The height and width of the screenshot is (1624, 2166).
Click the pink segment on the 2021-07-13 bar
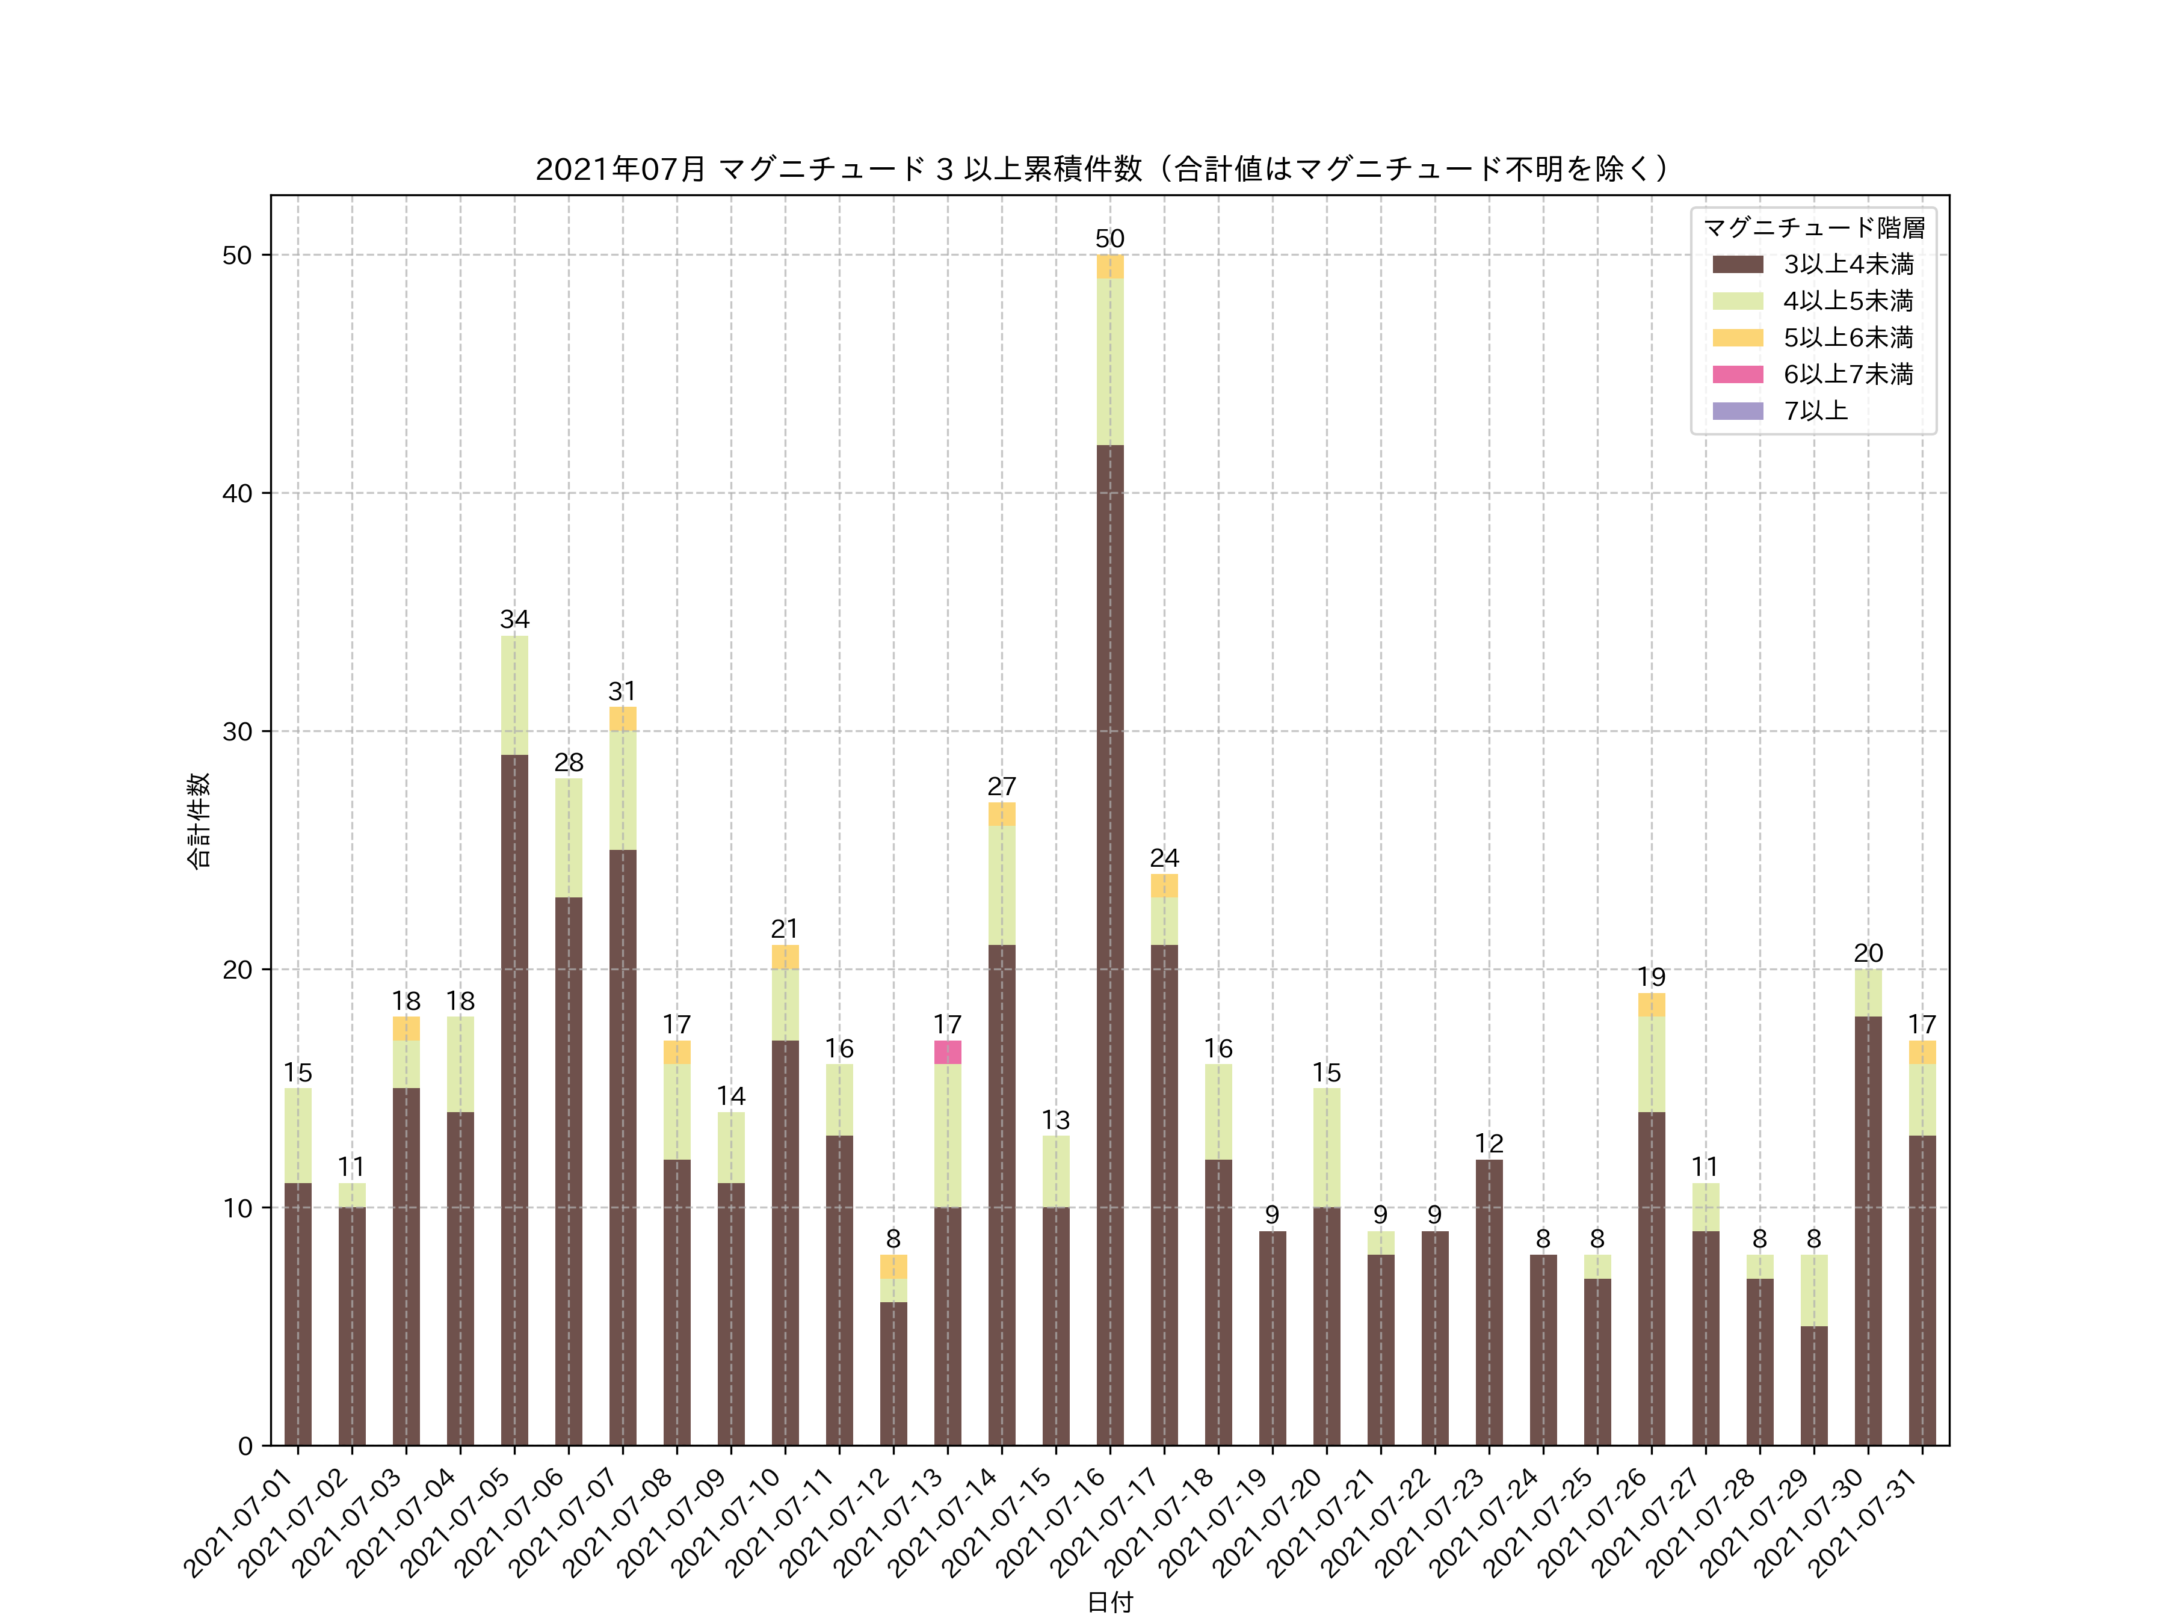[x=947, y=1053]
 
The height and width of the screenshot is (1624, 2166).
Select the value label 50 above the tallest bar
[x=1109, y=239]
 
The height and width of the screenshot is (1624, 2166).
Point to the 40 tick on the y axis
[x=237, y=493]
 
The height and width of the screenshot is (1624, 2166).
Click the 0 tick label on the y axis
[x=245, y=1446]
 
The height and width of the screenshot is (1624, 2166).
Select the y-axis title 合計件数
[x=199, y=820]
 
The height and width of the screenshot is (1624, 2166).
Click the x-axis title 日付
[x=1109, y=1602]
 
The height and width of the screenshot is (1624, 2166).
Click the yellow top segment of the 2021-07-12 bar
[x=893, y=1267]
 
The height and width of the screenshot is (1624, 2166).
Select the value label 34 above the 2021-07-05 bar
[x=514, y=620]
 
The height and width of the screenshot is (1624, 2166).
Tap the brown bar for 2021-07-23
[x=1489, y=1302]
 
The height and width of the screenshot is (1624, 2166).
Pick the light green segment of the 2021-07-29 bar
[x=1813, y=1290]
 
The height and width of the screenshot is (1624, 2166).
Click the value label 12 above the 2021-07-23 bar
[x=1489, y=1143]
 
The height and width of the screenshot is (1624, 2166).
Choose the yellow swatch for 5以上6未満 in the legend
[x=1738, y=337]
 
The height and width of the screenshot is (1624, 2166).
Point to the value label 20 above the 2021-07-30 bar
[x=1868, y=953]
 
